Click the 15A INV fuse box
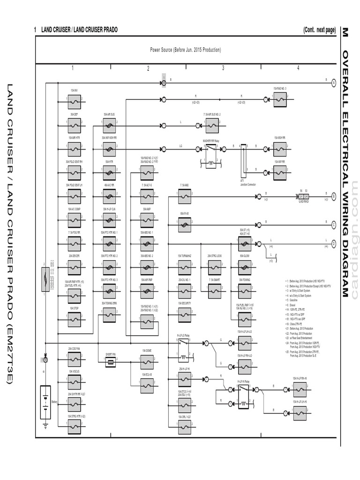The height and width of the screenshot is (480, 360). tap(74, 99)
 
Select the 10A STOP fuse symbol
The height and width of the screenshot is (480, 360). tap(74, 319)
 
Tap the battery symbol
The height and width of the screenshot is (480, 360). tap(45, 402)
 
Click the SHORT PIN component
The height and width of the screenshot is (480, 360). tap(111, 361)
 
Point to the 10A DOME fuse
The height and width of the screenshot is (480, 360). tap(147, 361)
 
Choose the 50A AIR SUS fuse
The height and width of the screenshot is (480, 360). tap(110, 125)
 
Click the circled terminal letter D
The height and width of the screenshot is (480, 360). tap(334, 243)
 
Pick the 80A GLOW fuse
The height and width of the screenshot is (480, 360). tap(244, 267)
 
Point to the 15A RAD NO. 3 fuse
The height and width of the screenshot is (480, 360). tap(280, 99)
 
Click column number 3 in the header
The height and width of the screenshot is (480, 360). tap(223, 68)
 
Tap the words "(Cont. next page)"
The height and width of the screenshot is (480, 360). tap(319, 30)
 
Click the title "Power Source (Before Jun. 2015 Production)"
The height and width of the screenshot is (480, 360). tap(185, 50)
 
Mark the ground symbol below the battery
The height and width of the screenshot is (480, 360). tap(45, 426)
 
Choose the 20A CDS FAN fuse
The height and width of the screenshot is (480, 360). tap(74, 360)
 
